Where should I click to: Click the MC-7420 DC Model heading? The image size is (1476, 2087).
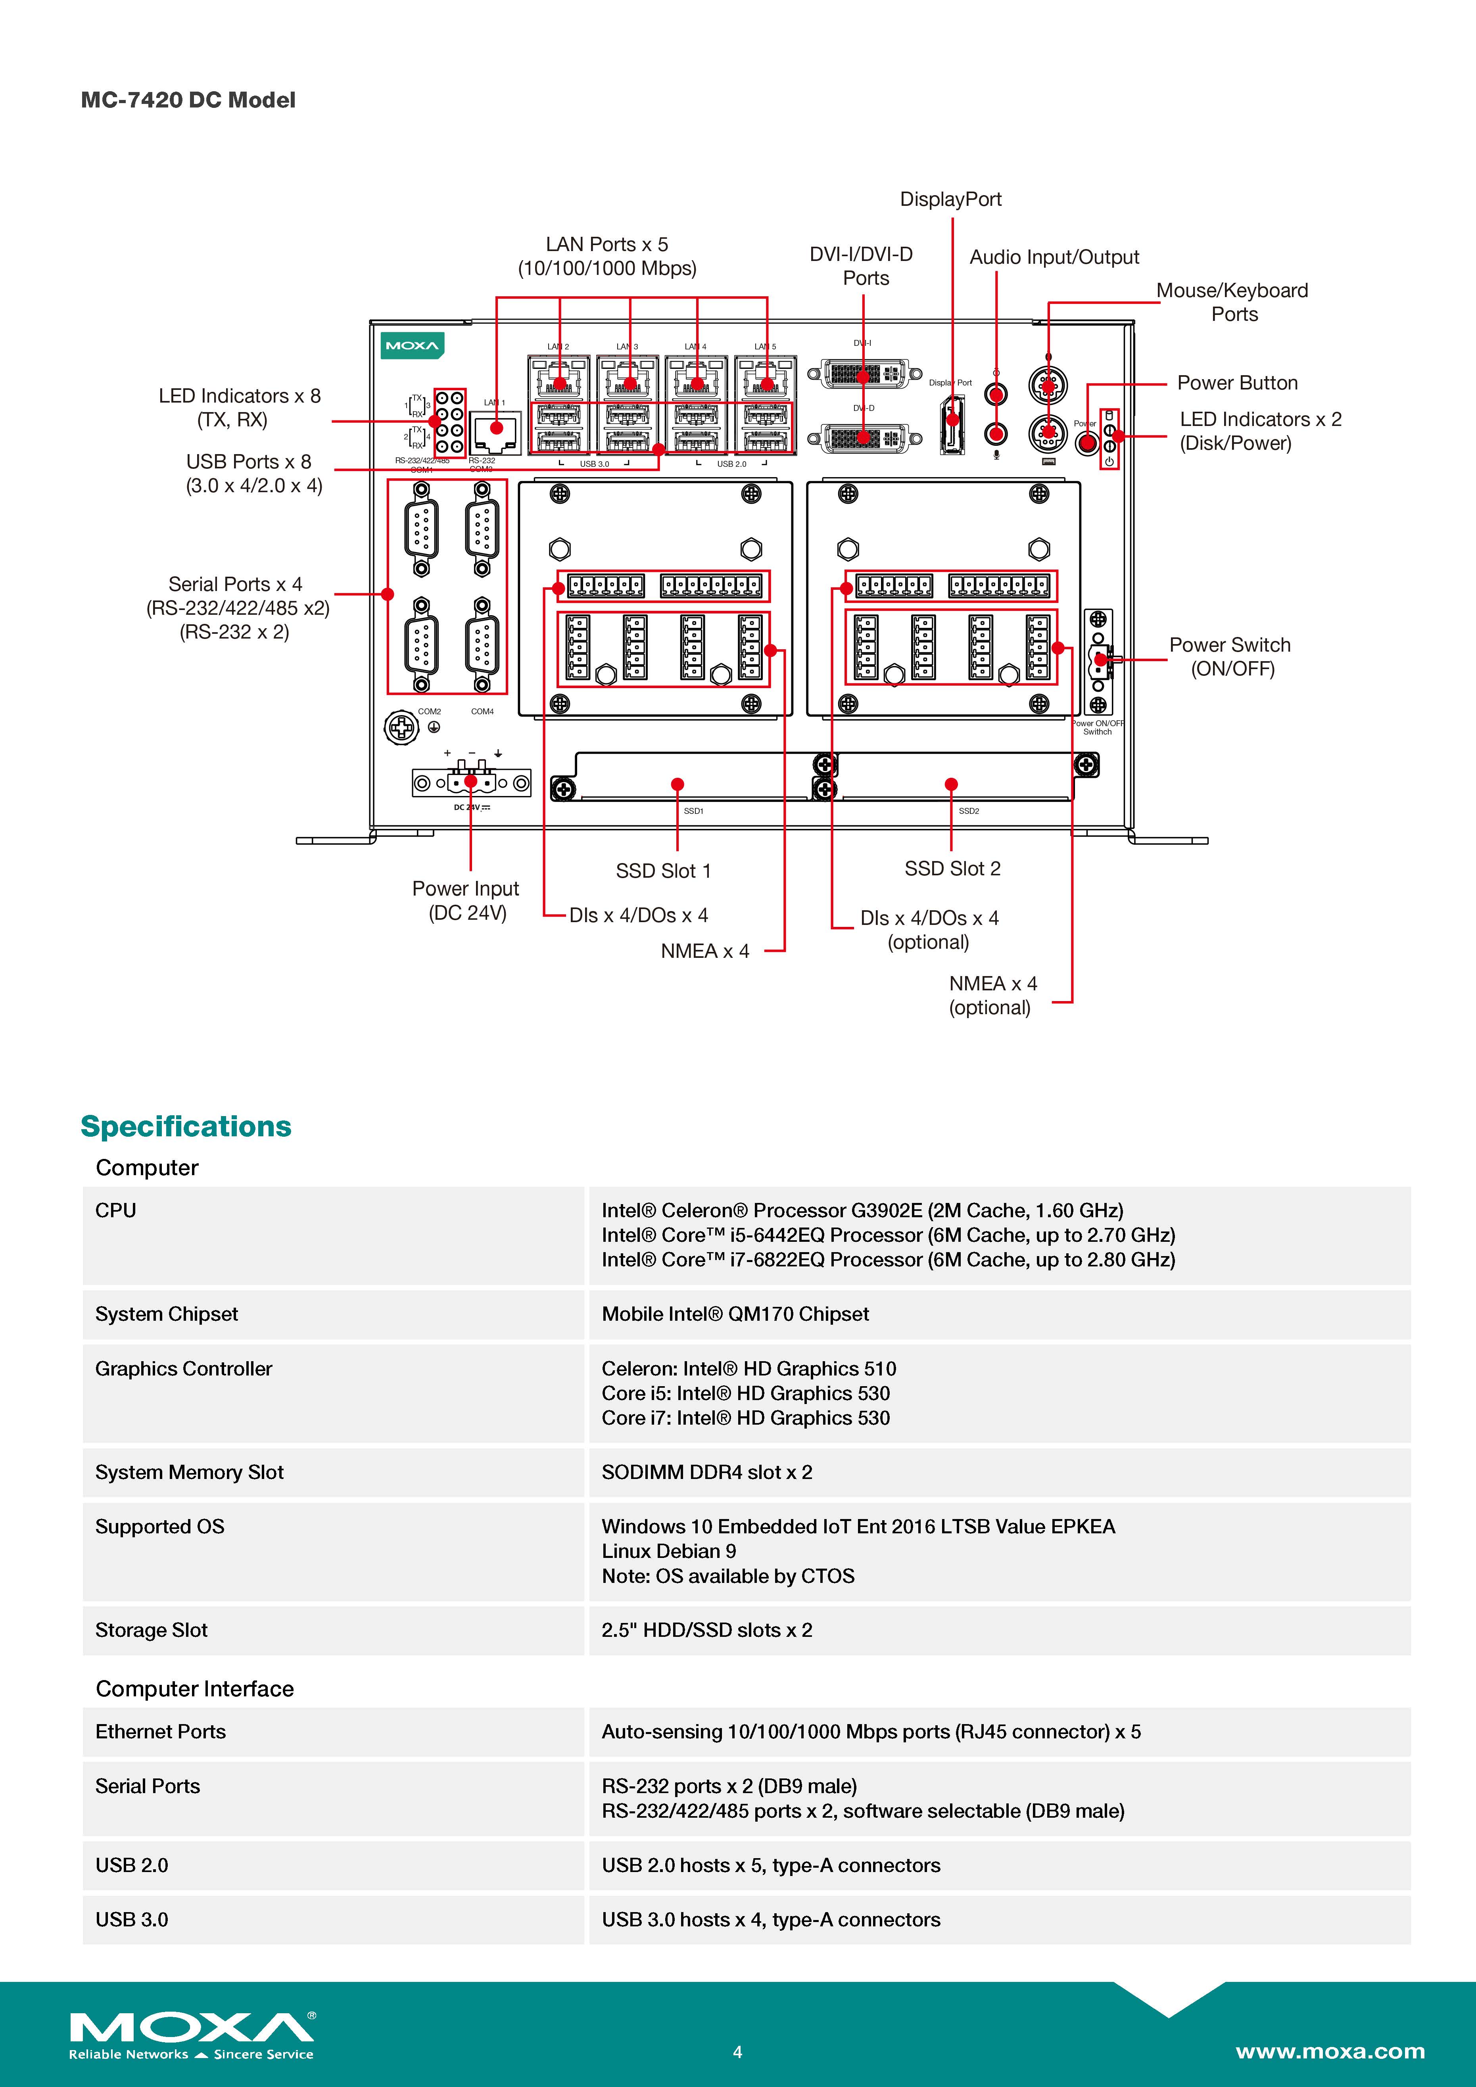click(x=188, y=100)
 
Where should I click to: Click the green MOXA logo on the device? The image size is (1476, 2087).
click(x=412, y=345)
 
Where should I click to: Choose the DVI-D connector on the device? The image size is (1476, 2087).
click(x=864, y=438)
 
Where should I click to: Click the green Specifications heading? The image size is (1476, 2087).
click(x=186, y=1126)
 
